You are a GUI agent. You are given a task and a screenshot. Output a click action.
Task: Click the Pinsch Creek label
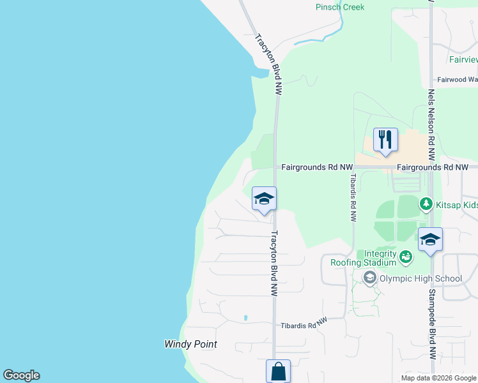point(340,7)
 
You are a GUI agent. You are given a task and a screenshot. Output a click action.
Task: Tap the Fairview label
point(463,59)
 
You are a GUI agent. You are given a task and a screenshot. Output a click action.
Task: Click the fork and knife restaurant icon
point(385,140)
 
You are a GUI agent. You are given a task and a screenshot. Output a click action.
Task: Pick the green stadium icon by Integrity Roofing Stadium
point(405,257)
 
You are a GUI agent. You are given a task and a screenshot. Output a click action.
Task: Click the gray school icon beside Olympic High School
point(369,278)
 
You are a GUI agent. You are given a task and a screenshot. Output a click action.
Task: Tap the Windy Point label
point(190,344)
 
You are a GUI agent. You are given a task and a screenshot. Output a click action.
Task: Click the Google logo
point(21,375)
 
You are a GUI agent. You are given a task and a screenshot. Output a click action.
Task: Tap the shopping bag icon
point(278,371)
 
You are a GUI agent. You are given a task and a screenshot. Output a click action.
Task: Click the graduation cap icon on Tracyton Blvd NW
point(264,199)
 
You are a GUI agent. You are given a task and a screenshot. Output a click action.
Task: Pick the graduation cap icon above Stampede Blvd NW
point(430,240)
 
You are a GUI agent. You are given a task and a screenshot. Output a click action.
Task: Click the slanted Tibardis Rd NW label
point(304,324)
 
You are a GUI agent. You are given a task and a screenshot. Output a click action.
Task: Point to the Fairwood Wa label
point(457,80)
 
